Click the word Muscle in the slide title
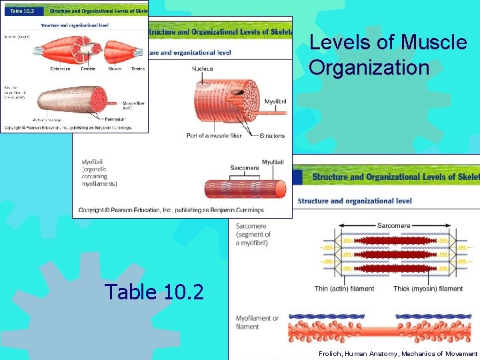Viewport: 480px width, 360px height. pyautogui.click(x=434, y=43)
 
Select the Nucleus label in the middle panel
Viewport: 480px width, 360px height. pyautogui.click(x=202, y=68)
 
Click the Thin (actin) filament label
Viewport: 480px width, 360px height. pyautogui.click(x=344, y=289)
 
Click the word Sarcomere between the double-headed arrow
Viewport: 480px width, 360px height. pyautogui.click(x=393, y=226)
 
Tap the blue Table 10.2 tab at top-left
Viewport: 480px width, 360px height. pyautogui.click(x=22, y=11)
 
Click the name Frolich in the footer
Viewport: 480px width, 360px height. pyautogui.click(x=331, y=354)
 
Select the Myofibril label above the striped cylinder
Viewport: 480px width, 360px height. pyautogui.click(x=273, y=162)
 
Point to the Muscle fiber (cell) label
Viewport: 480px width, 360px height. pyautogui.click(x=133, y=105)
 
